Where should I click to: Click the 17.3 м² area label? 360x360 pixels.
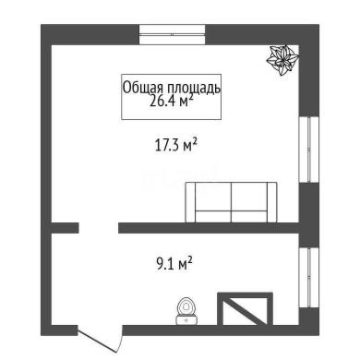pyautogui.click(x=175, y=145)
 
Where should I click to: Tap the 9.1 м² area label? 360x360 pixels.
pyautogui.click(x=174, y=264)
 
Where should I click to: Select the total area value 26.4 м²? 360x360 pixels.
pyautogui.click(x=172, y=101)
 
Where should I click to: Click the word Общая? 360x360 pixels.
pyautogui.click(x=144, y=88)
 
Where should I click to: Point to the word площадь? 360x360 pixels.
pyautogui.click(x=194, y=89)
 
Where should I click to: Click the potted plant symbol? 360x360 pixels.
pyautogui.click(x=282, y=60)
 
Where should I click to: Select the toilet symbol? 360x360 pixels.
pyautogui.click(x=186, y=311)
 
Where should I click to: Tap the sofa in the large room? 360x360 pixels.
pyautogui.click(x=231, y=202)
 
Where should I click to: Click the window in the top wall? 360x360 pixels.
pyautogui.click(x=172, y=35)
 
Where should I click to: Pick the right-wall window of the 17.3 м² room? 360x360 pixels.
pyautogui.click(x=309, y=150)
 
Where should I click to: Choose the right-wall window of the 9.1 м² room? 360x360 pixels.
pyautogui.click(x=309, y=278)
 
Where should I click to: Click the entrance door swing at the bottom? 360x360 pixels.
pyautogui.click(x=100, y=340)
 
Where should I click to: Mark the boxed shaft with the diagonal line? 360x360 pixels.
pyautogui.click(x=245, y=308)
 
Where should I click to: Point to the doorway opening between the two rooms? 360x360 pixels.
pyautogui.click(x=99, y=228)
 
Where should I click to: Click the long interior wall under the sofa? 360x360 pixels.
pyautogui.click(x=209, y=228)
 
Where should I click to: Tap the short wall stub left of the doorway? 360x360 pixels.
pyautogui.click(x=65, y=228)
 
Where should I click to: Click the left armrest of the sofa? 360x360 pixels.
pyautogui.click(x=191, y=202)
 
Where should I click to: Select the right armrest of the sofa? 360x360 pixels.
pyautogui.click(x=272, y=202)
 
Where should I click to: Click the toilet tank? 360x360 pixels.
pyautogui.click(x=186, y=320)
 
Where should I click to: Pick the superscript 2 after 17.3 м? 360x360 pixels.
pyautogui.click(x=195, y=142)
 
